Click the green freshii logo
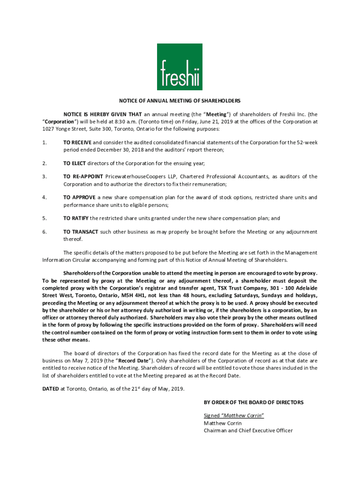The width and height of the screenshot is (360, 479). (180, 67)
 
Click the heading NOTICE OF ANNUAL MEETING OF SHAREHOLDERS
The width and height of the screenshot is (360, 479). (180, 101)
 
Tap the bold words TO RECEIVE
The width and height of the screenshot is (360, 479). (78, 142)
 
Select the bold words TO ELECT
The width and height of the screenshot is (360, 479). (75, 163)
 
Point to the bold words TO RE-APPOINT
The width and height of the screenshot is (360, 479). (83, 176)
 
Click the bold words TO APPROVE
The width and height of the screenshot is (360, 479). (79, 197)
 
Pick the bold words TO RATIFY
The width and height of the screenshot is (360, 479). (76, 218)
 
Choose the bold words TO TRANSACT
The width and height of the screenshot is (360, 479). (81, 232)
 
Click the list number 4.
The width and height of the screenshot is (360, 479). (44, 197)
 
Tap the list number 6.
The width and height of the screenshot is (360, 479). (44, 232)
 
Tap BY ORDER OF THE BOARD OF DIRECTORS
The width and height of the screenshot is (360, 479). (253, 402)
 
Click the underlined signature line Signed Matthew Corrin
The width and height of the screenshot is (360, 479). (234, 415)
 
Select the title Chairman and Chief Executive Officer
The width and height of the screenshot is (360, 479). (248, 430)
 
